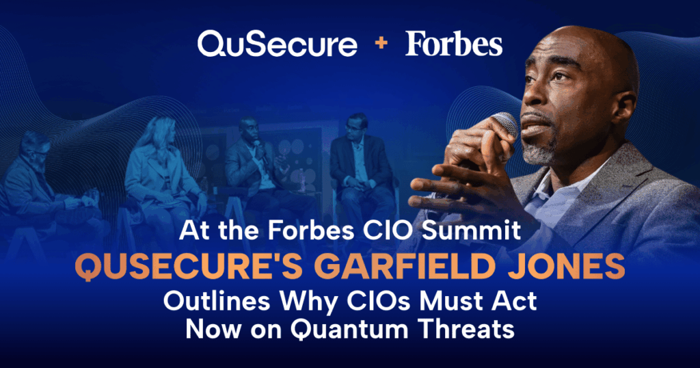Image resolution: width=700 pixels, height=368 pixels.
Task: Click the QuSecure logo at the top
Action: pyautogui.click(x=278, y=44)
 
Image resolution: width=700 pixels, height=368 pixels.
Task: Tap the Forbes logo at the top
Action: pyautogui.click(x=454, y=44)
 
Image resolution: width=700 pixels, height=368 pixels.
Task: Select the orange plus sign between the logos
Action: pyautogui.click(x=381, y=43)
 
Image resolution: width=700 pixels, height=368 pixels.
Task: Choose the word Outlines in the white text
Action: pyautogui.click(x=217, y=301)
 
